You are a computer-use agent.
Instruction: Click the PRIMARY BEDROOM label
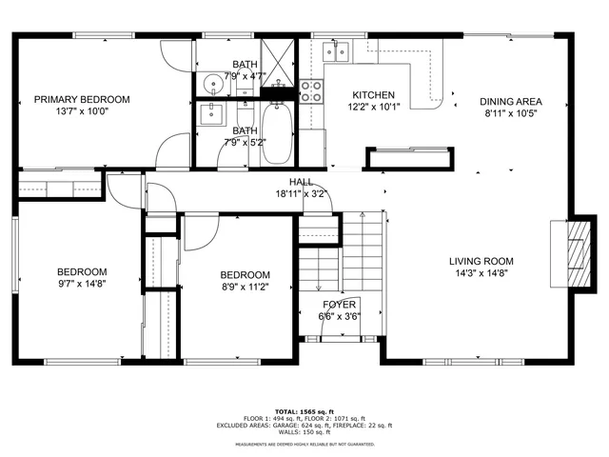pyautogui.click(x=82, y=99)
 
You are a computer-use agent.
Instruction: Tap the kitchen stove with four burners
pyautogui.click(x=311, y=91)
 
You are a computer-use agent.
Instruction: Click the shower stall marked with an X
pyautogui.click(x=279, y=59)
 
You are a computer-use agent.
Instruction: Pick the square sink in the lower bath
pyautogui.click(x=211, y=116)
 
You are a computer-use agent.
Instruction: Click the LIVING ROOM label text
pyautogui.click(x=481, y=261)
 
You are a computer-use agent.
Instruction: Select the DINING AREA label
pyautogui.click(x=511, y=101)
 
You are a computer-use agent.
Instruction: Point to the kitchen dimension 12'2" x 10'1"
pyautogui.click(x=374, y=108)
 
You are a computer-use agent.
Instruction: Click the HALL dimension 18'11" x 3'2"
pyautogui.click(x=301, y=193)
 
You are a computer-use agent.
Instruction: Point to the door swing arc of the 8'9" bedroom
pyautogui.click(x=199, y=234)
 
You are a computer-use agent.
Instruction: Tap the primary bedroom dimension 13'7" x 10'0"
pyautogui.click(x=82, y=111)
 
